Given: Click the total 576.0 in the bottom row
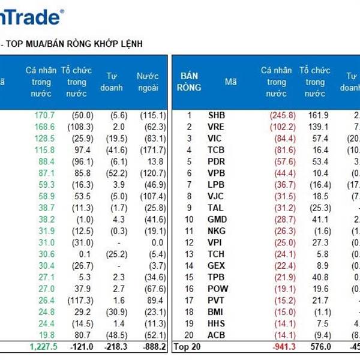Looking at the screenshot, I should [x=317, y=346].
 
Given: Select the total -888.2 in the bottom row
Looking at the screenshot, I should [x=147, y=346].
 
